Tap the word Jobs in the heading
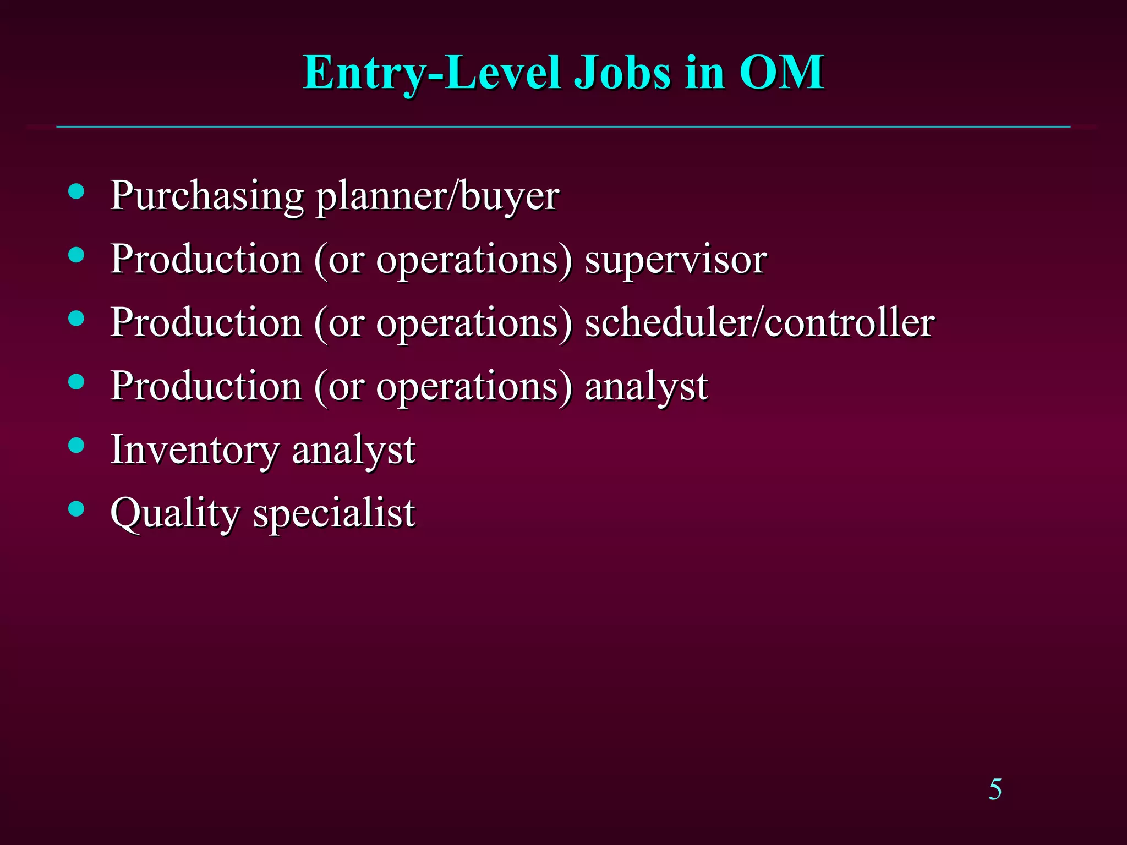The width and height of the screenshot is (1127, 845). tap(622, 73)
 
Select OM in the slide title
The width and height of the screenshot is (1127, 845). tap(781, 73)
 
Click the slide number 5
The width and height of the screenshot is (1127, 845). tap(995, 790)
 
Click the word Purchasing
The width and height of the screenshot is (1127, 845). tap(207, 196)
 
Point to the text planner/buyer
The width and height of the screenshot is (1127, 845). tap(437, 196)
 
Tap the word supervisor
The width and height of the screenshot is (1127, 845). tap(675, 260)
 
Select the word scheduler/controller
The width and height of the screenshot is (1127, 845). tap(759, 323)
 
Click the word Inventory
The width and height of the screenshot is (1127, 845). tap(195, 450)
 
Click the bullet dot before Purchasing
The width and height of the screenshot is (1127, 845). tap(76, 191)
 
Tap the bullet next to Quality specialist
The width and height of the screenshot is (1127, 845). tap(76, 508)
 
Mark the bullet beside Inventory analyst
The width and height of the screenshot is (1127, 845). tap(76, 445)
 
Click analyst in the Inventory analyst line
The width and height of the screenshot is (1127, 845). tap(353, 450)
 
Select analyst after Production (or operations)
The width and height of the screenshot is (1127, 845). tap(646, 387)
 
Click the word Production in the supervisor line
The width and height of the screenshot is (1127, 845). tap(206, 260)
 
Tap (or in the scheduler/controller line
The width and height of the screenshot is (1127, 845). tap(339, 323)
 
